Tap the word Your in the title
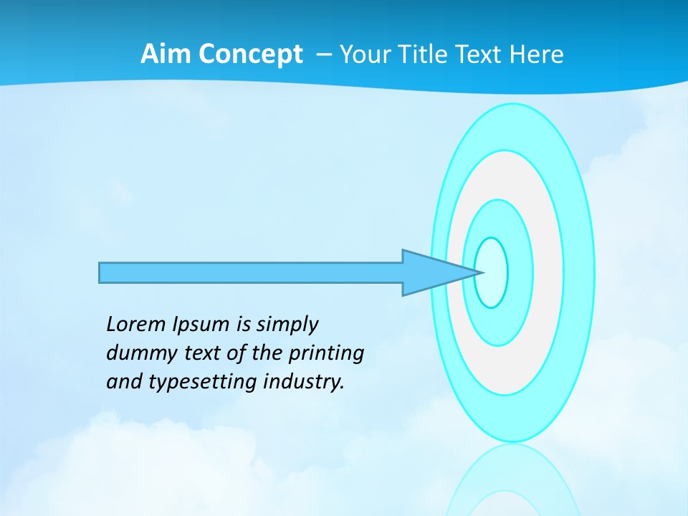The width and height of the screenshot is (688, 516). [364, 54]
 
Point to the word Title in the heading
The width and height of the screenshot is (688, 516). [420, 54]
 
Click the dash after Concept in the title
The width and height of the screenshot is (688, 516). [323, 54]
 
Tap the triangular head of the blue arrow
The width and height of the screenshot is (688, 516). [430, 272]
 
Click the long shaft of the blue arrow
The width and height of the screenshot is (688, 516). [251, 272]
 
